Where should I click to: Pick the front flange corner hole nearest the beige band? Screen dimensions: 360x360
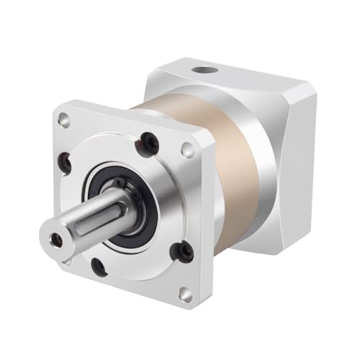(188, 150)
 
